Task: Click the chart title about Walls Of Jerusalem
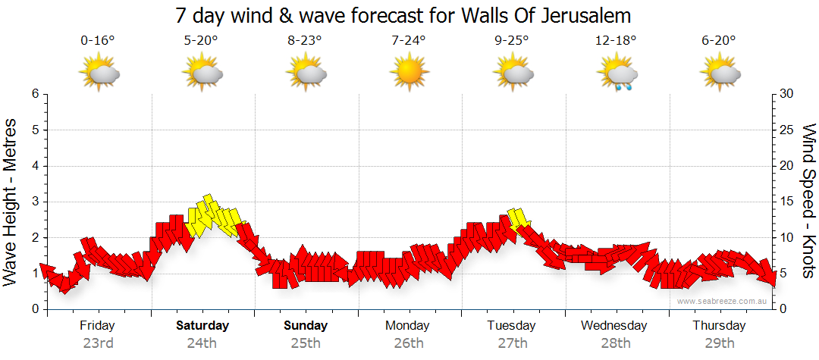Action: coord(403,15)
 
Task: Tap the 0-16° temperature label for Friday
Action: coord(98,41)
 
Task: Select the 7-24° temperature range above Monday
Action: coord(409,41)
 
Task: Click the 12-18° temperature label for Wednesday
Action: coord(616,41)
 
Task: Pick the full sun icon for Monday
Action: coord(409,74)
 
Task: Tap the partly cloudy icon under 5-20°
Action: coord(202,74)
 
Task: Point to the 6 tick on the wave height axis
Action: coord(34,94)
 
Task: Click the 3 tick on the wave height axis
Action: coord(34,202)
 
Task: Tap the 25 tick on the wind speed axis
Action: coord(788,130)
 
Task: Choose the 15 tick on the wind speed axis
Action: coord(788,202)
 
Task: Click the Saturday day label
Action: coord(202,326)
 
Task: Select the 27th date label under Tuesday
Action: coord(513,343)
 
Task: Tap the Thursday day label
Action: coord(719,326)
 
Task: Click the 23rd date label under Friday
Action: coord(98,343)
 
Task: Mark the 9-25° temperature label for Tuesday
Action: coord(513,41)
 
